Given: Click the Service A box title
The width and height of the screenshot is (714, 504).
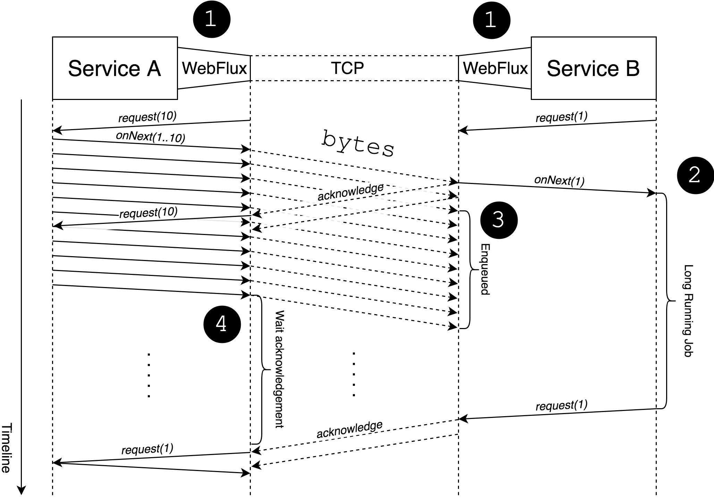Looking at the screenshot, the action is (x=114, y=68).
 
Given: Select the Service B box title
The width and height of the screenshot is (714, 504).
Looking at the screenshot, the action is (x=593, y=68).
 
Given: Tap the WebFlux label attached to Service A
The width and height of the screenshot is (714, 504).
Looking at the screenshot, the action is (x=214, y=68).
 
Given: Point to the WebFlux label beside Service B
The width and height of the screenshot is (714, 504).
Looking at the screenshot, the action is (x=495, y=68).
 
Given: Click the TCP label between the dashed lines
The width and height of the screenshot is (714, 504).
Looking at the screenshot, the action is (x=347, y=68).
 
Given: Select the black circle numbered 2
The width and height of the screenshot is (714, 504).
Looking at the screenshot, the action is (x=695, y=175).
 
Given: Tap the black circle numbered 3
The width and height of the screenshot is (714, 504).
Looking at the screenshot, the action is (x=499, y=220).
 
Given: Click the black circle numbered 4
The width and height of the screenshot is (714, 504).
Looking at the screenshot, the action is (x=222, y=324).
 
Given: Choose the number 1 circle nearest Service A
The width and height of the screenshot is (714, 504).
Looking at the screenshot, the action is (x=212, y=19).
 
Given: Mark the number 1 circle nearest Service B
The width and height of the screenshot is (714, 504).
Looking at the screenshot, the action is (x=492, y=19).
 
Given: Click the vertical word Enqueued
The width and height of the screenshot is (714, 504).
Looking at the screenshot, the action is (x=485, y=269).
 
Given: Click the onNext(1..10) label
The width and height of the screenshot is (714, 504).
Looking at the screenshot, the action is (x=150, y=137).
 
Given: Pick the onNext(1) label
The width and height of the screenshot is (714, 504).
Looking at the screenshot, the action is (x=559, y=180).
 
